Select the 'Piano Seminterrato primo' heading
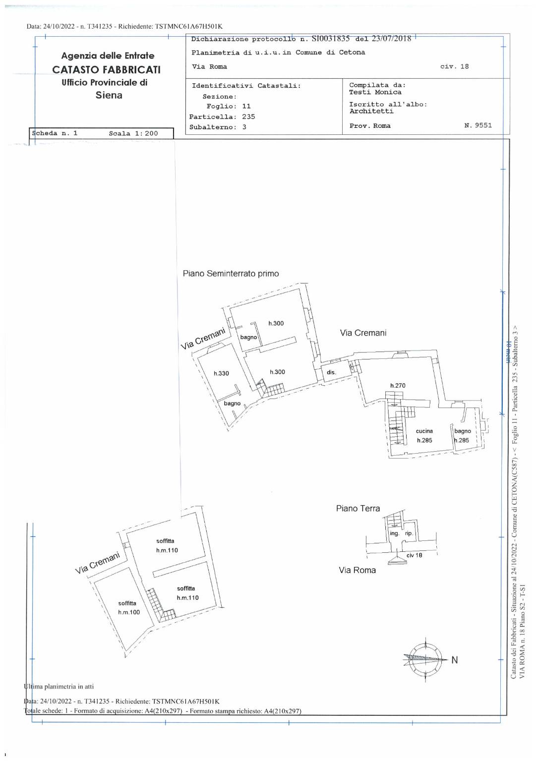[x=231, y=274]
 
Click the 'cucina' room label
[x=424, y=431]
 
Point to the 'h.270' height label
[x=398, y=385]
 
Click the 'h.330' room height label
[x=221, y=373]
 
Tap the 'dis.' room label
[x=331, y=372]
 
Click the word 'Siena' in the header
[x=109, y=95]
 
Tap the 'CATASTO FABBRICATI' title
[x=107, y=69]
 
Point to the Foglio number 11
[x=246, y=106]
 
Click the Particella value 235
[x=248, y=117]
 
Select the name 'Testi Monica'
[x=375, y=92]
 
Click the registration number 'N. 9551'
[x=478, y=125]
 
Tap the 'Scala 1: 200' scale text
[x=133, y=133]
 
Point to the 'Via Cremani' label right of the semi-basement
[x=363, y=333]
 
